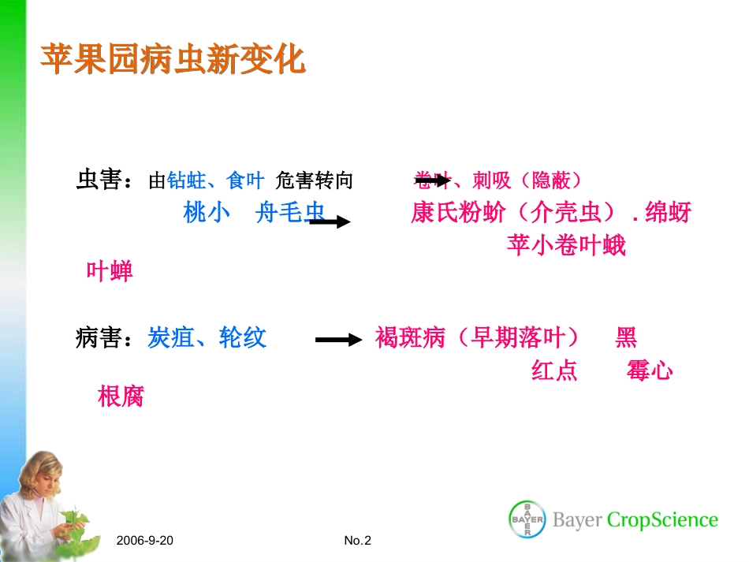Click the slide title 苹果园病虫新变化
pyautogui.click(x=173, y=60)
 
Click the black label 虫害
pyautogui.click(x=99, y=181)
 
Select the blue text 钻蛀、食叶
pyautogui.click(x=215, y=181)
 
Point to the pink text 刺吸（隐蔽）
pyautogui.click(x=527, y=181)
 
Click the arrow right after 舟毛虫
pyautogui.click(x=330, y=222)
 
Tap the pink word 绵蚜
pyautogui.click(x=668, y=213)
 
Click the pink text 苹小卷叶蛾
pyautogui.click(x=566, y=246)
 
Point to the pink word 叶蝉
pyautogui.click(x=110, y=272)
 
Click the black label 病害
pyautogui.click(x=99, y=339)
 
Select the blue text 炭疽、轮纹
pyautogui.click(x=207, y=339)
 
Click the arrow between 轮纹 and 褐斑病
pyautogui.click(x=338, y=341)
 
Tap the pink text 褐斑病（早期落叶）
pyautogui.click(x=478, y=339)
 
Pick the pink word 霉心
pyautogui.click(x=650, y=370)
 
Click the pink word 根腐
pyautogui.click(x=121, y=396)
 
